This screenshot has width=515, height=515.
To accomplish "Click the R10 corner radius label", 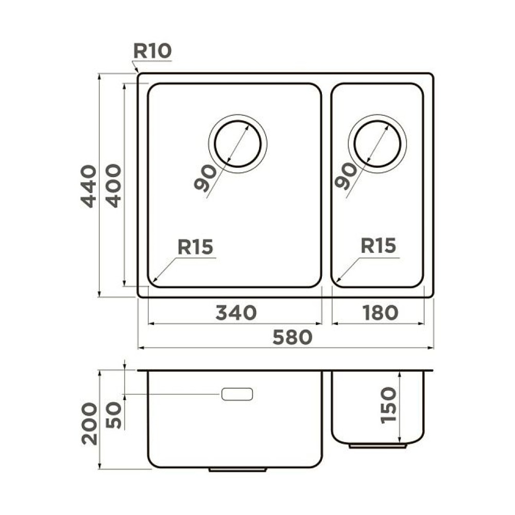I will [x=152, y=51].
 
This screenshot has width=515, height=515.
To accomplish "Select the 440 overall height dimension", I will [x=89, y=186].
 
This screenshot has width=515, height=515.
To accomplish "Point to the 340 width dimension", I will [x=235, y=313].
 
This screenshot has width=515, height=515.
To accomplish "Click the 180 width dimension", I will [x=379, y=313].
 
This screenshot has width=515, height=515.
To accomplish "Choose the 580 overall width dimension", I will [x=292, y=337].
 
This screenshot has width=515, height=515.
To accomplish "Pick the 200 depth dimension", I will [x=89, y=423].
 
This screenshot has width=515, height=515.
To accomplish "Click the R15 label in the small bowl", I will [x=378, y=246].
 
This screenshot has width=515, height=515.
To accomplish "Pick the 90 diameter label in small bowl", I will [x=345, y=177].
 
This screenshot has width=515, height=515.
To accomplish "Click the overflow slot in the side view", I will [x=237, y=394].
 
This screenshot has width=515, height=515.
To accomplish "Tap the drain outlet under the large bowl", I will [x=237, y=470].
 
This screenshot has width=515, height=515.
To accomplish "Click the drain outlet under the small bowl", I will [x=377, y=445].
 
